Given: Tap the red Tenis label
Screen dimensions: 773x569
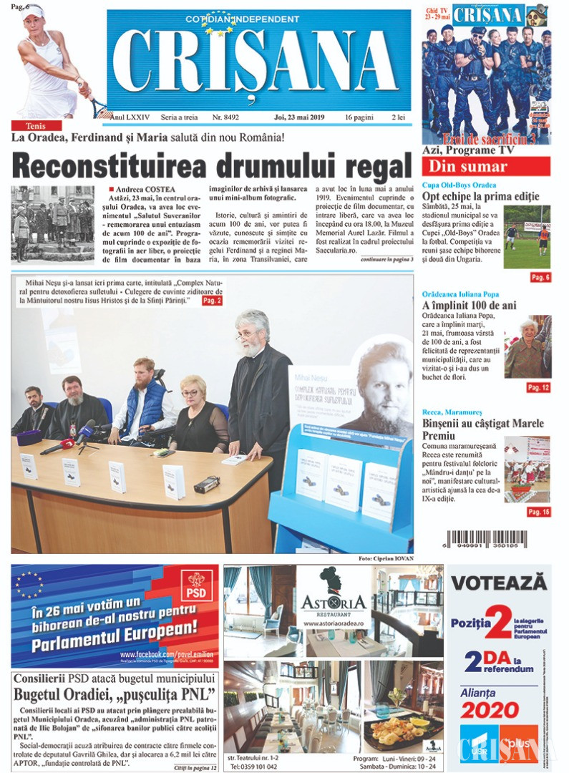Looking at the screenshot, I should click(31, 125).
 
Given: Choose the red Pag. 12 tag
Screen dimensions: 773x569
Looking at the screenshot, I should click(538, 387).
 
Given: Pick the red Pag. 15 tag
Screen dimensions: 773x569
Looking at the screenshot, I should click(538, 512).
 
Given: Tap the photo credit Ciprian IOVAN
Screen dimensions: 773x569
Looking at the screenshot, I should click(386, 558).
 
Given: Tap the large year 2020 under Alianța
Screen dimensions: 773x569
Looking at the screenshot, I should click(490, 710).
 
